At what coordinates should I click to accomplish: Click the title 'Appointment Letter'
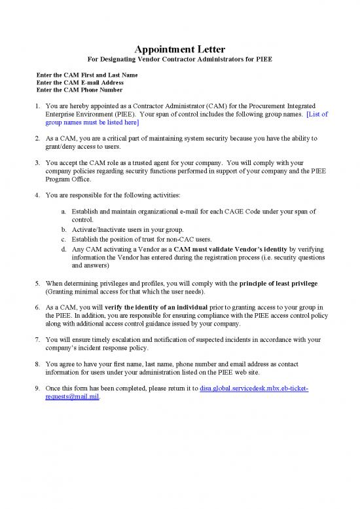(x=180, y=50)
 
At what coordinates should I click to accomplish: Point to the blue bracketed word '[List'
(x=317, y=114)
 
